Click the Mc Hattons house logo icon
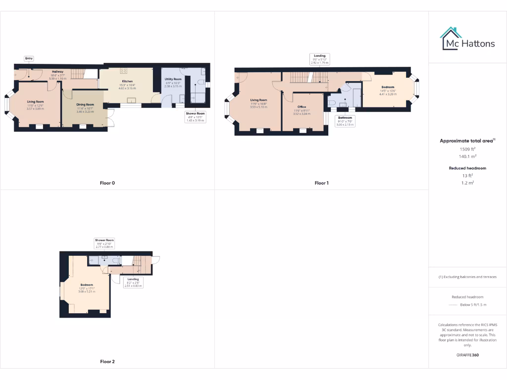pyautogui.click(x=451, y=38)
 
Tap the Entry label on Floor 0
pyautogui.click(x=29, y=59)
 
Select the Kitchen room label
pyautogui.click(x=127, y=81)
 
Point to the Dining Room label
pyautogui.click(x=85, y=105)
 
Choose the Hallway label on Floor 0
pyautogui.click(x=58, y=72)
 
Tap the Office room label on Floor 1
pyautogui.click(x=302, y=107)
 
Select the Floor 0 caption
pyautogui.click(x=107, y=183)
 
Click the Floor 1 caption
pyautogui.click(x=321, y=183)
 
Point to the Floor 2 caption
pyautogui.click(x=107, y=362)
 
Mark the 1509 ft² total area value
pyautogui.click(x=467, y=148)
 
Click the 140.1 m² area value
pyautogui.click(x=467, y=156)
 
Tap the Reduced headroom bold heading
pyautogui.click(x=467, y=168)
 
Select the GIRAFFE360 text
pyautogui.click(x=467, y=355)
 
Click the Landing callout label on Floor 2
pyautogui.click(x=133, y=280)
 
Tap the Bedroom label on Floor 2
pyautogui.click(x=87, y=285)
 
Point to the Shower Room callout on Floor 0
pyautogui.click(x=196, y=113)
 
